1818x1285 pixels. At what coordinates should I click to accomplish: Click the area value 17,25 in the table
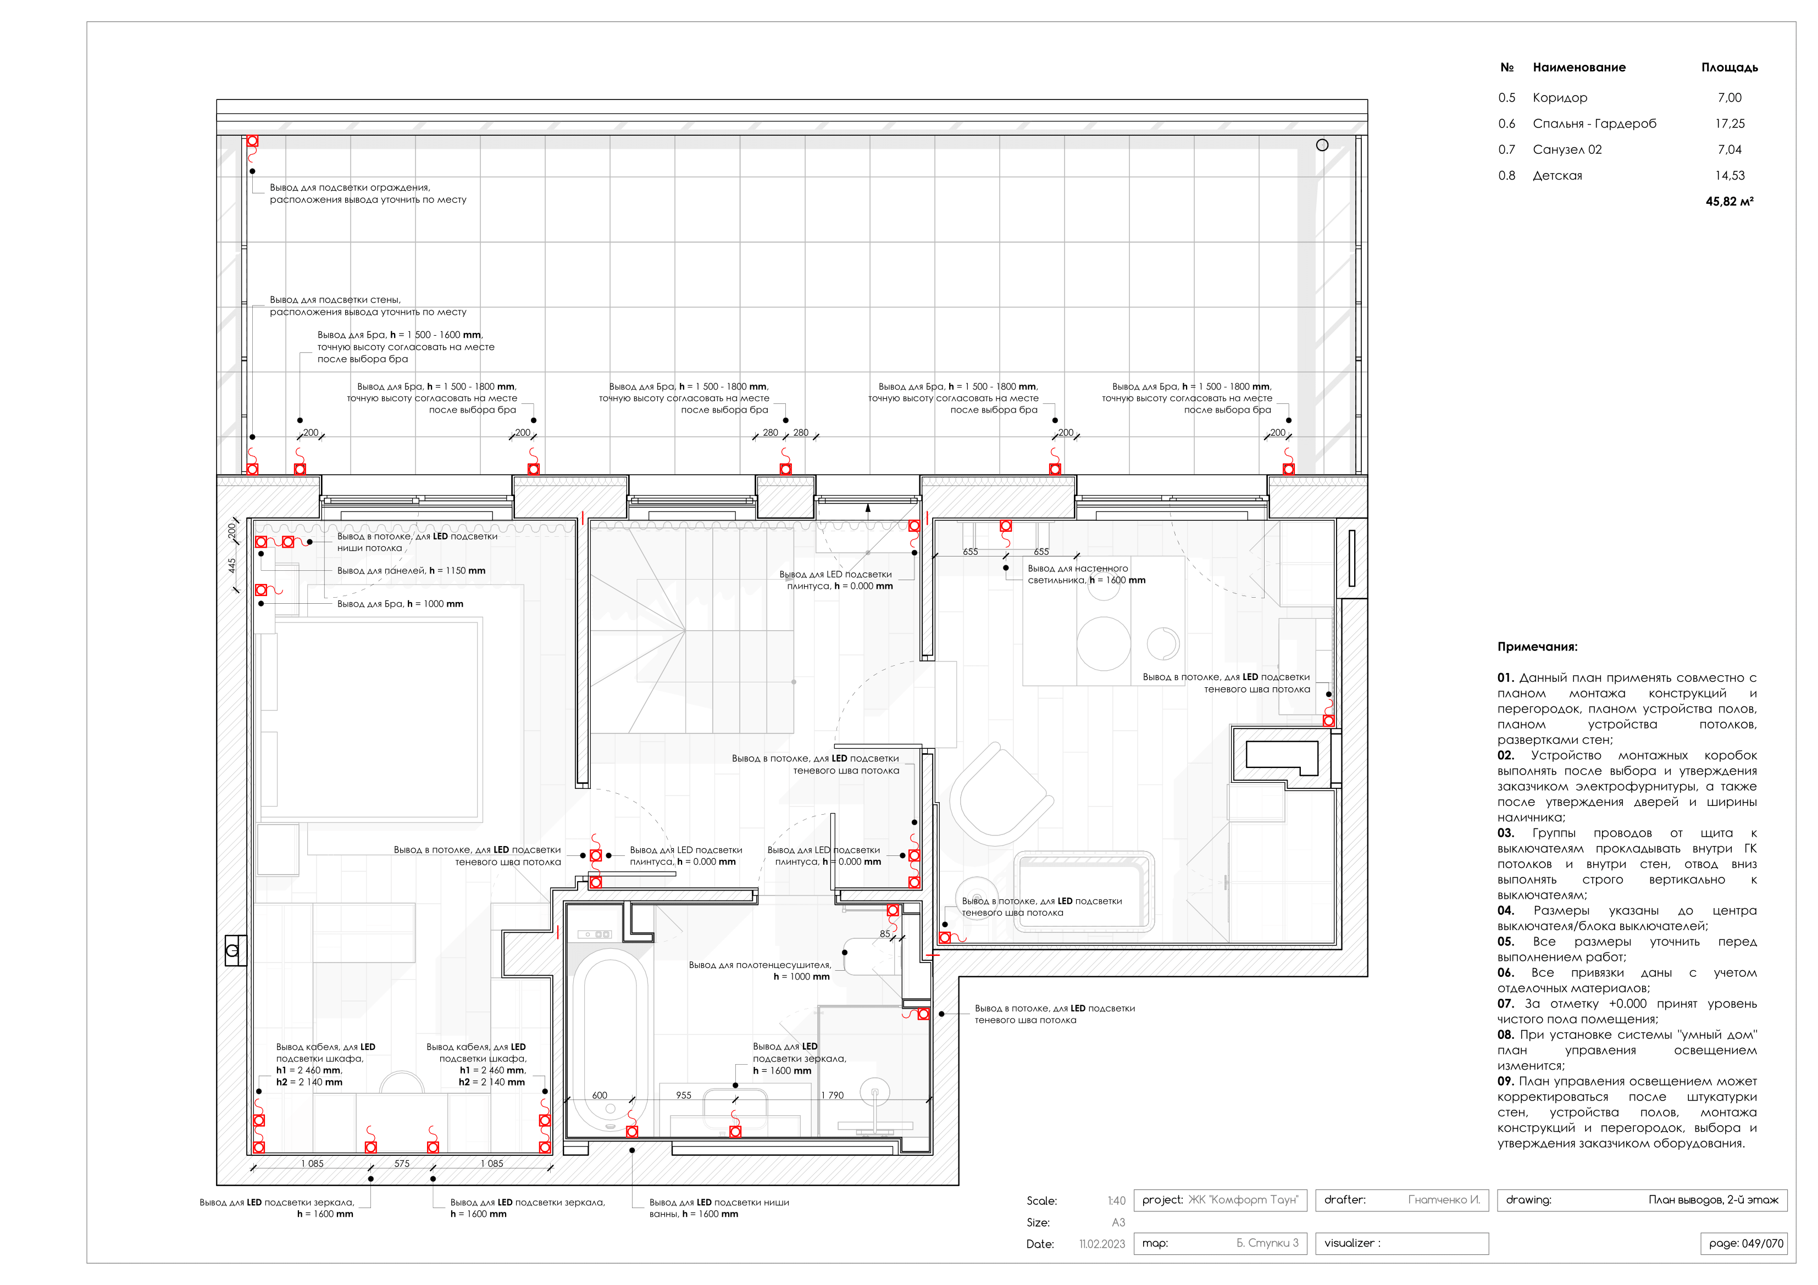point(1730,124)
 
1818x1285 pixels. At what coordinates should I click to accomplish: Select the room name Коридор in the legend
point(1559,97)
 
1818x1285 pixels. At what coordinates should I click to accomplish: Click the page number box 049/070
point(1744,1243)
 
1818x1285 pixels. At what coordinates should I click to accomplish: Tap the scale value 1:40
point(1116,1200)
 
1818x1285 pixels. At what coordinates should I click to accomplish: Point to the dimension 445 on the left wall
point(232,565)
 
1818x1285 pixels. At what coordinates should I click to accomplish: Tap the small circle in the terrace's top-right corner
point(1322,145)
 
